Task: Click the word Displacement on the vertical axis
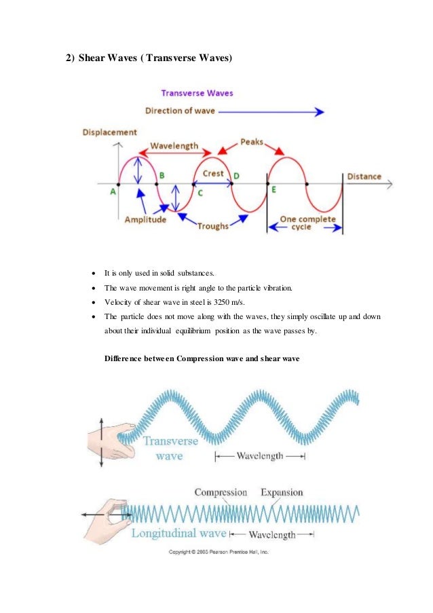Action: [109, 132]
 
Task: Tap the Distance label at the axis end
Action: [364, 177]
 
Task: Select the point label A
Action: [113, 191]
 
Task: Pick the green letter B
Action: [162, 176]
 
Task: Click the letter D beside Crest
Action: [236, 177]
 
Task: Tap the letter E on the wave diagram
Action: [274, 189]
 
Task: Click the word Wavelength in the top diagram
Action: [174, 145]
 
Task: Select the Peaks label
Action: [252, 143]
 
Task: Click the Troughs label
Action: [212, 226]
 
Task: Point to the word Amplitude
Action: [146, 220]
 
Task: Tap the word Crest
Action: [213, 174]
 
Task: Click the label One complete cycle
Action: [307, 223]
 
